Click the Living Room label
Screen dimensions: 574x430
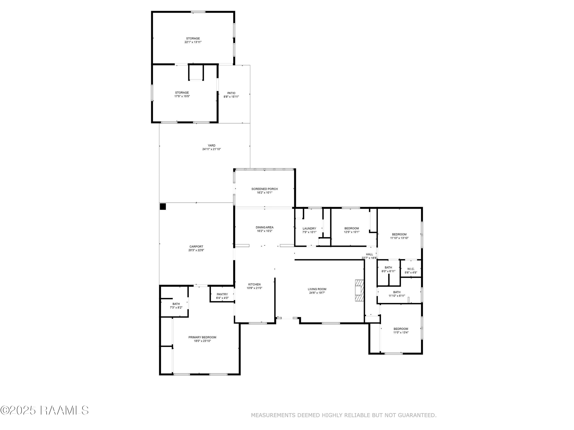tap(317, 289)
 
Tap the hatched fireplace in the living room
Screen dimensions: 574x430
tap(359, 290)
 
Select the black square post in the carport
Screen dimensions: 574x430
tap(163, 207)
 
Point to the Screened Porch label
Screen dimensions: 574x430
tap(264, 189)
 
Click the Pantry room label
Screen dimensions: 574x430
tap(222, 294)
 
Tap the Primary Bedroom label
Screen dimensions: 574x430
tap(202, 337)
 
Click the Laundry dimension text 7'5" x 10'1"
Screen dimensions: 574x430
tap(309, 232)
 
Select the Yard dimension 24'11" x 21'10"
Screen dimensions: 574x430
tap(211, 149)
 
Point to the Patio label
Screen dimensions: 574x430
tap(231, 93)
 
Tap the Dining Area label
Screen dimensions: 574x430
tap(264, 227)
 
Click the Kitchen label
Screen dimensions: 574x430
tap(254, 284)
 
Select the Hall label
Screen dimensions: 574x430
tap(369, 254)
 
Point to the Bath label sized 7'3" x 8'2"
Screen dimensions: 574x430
tap(176, 304)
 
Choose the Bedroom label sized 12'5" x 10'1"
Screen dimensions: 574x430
tap(352, 228)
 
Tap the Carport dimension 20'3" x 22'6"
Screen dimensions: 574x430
tap(196, 250)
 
